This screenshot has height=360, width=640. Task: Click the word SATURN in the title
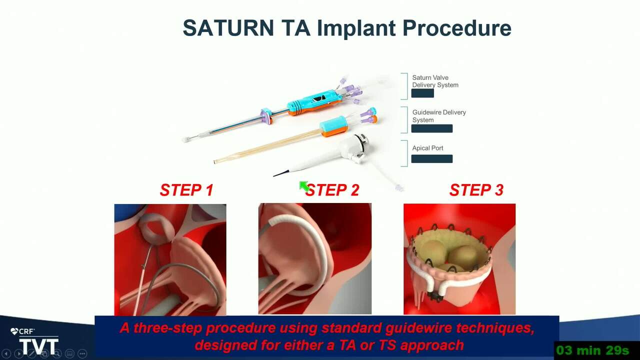tap(228, 27)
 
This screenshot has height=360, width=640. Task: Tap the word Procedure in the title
tap(457, 28)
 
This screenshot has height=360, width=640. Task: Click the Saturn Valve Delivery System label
tap(435, 81)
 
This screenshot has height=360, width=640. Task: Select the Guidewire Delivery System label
tap(439, 116)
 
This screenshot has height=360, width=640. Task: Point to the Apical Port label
tap(427, 148)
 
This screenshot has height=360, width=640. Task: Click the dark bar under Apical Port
tap(431, 159)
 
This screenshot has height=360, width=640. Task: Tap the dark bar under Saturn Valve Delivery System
tap(422, 93)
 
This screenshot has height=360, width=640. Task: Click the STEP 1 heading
tap(186, 190)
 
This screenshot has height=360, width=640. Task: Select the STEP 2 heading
tap(332, 190)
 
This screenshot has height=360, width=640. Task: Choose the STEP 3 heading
tap(476, 190)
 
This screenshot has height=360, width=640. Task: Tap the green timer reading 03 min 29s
tap(592, 350)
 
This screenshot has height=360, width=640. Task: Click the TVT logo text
tap(39, 346)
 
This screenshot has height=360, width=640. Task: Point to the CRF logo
tap(22, 331)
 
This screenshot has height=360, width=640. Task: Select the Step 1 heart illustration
tap(170, 259)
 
